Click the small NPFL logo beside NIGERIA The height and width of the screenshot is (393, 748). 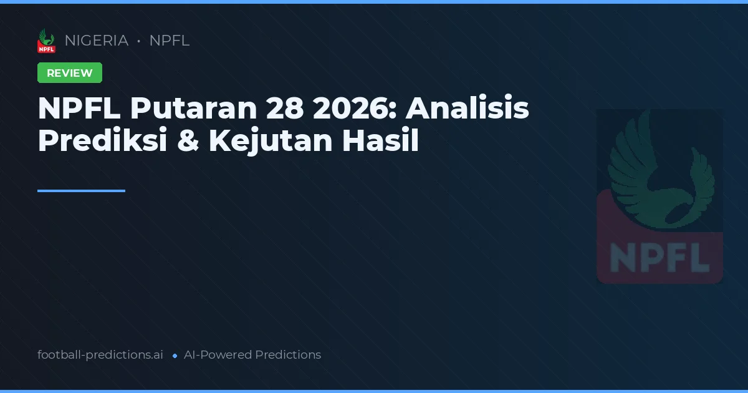point(46,41)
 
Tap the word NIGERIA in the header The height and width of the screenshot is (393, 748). point(97,41)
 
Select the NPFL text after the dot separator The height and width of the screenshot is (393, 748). point(170,41)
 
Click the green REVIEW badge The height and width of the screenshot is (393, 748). point(70,73)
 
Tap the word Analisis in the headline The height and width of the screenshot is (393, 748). point(467,109)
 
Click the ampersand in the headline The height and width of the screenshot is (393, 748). point(188,142)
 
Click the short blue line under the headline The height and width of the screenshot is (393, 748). point(81,191)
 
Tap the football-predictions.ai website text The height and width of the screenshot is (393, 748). point(100,355)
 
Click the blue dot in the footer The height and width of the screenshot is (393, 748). point(175,356)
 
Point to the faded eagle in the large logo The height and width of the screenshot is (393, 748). point(661,168)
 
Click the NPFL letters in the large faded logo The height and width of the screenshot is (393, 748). point(659,257)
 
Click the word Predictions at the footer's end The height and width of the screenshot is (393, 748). point(288,355)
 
